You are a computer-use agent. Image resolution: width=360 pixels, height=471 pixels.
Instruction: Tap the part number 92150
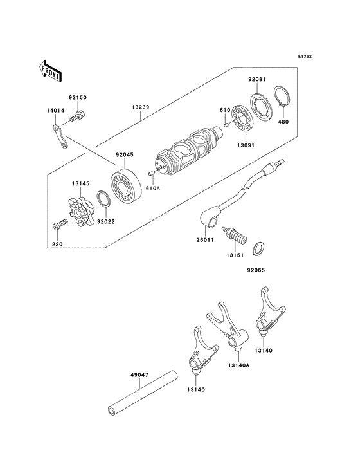78,97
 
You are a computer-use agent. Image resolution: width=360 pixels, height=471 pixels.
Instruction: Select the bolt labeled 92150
78,117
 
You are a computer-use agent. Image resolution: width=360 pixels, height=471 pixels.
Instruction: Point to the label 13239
140,107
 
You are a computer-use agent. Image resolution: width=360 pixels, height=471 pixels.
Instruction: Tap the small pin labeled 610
226,124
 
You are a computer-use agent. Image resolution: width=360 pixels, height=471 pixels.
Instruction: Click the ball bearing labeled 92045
126,187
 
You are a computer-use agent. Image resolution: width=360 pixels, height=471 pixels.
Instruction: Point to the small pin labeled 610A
151,172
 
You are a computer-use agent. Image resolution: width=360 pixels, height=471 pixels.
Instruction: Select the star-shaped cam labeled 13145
80,212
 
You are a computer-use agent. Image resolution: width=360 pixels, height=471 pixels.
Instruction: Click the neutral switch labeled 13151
234,235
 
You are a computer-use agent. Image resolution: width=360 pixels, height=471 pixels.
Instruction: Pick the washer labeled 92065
259,249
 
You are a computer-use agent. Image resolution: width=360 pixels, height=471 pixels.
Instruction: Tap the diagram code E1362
305,56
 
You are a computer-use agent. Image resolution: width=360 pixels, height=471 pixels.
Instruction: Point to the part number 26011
204,240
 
